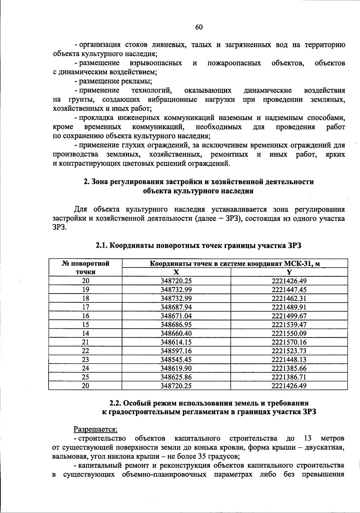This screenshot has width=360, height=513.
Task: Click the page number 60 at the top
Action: [x=199, y=27]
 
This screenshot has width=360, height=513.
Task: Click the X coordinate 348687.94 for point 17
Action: [x=176, y=307]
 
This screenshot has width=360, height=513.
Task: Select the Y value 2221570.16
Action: [x=289, y=342]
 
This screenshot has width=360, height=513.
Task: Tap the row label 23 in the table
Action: [x=85, y=359]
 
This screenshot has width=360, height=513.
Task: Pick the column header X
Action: [x=176, y=272]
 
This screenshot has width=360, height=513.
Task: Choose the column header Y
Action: [x=289, y=272]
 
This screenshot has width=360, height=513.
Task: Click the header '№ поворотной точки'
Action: [x=85, y=268]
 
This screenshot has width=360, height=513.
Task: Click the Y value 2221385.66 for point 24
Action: [x=289, y=368]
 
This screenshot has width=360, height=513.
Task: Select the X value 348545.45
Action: [x=176, y=359]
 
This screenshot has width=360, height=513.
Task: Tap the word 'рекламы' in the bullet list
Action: [x=138, y=81]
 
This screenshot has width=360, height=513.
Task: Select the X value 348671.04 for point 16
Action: [x=176, y=316]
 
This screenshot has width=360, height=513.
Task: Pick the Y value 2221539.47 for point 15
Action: [x=289, y=324]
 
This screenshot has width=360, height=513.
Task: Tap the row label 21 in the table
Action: [x=85, y=342]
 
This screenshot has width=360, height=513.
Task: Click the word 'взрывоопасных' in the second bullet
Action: [x=156, y=63]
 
